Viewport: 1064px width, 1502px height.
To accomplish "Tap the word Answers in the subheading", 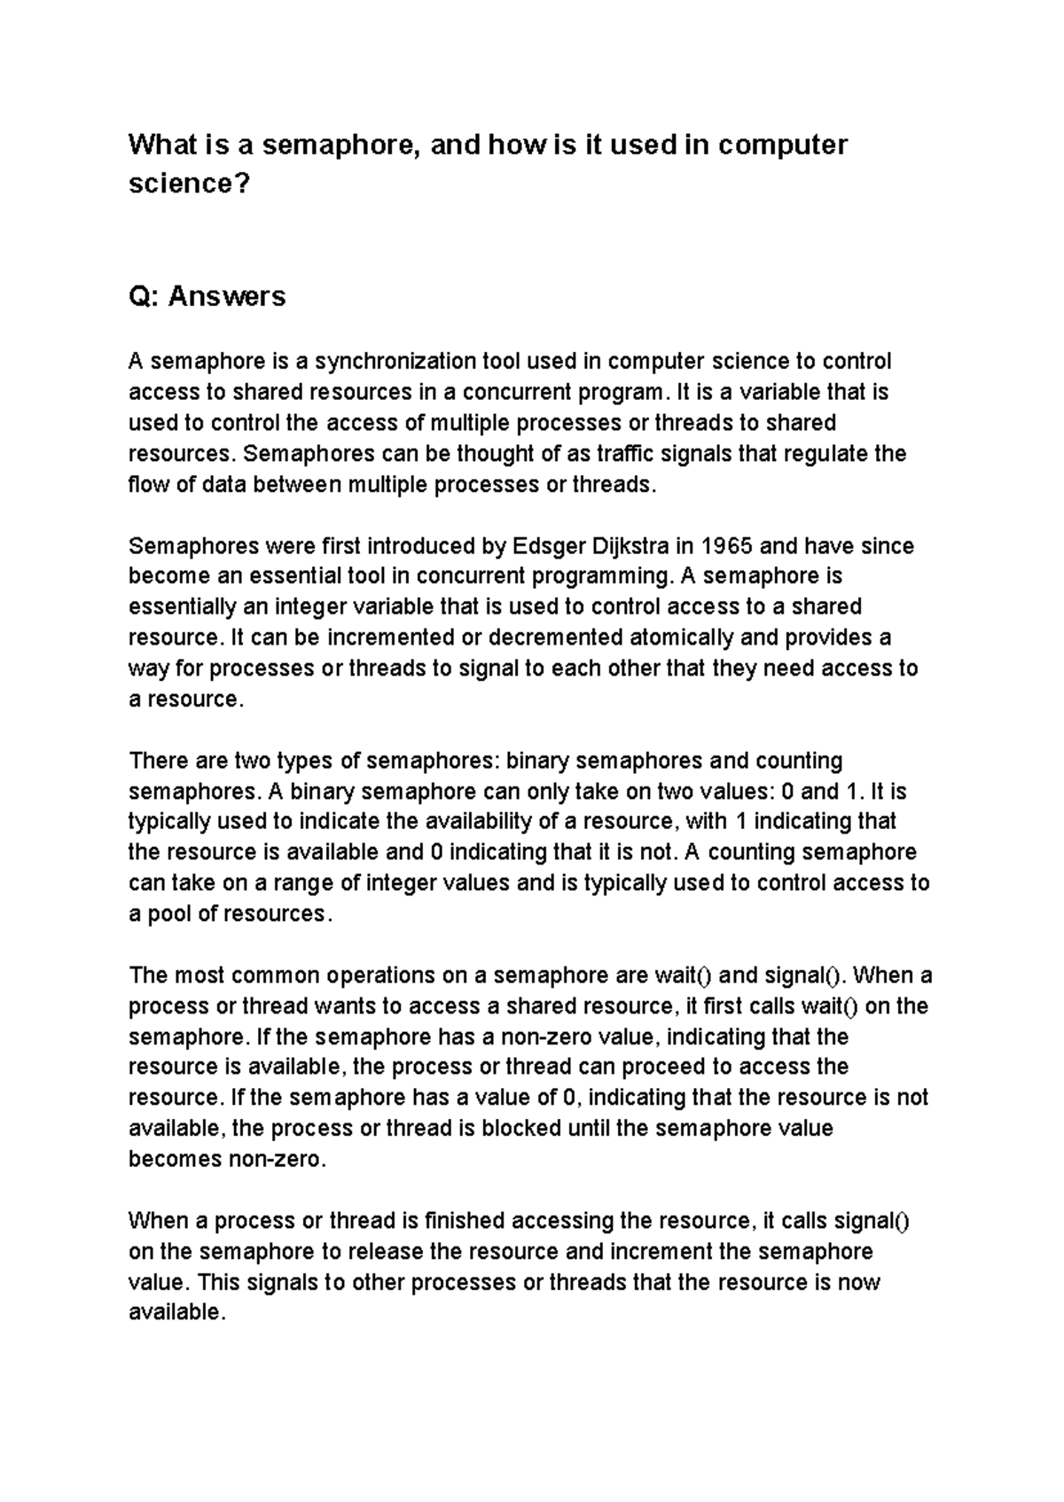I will [227, 296].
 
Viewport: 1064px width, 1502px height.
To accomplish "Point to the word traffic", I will [625, 454].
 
